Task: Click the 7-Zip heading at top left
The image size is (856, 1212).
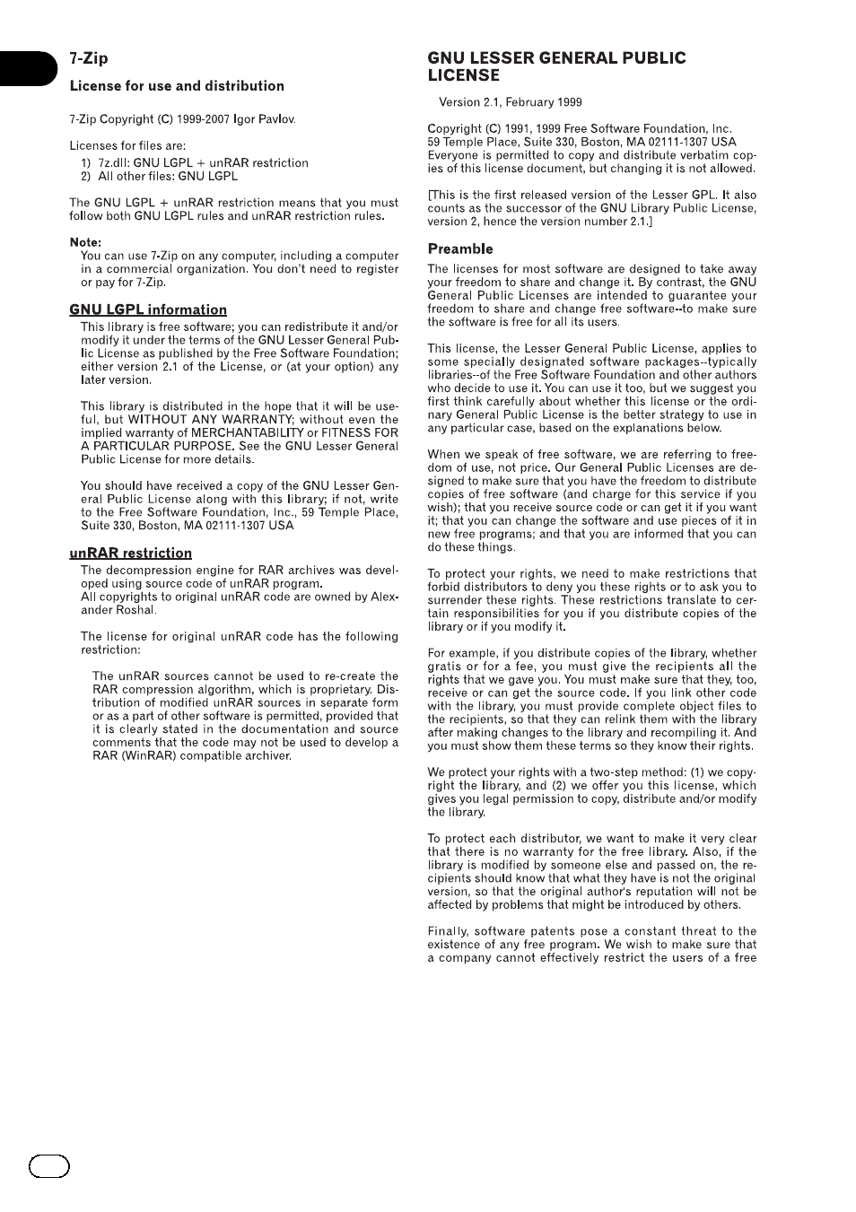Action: (x=88, y=58)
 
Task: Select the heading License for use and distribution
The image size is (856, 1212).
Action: (x=177, y=86)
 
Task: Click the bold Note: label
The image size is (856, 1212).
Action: (x=85, y=242)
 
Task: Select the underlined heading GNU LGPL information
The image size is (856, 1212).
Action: (x=148, y=310)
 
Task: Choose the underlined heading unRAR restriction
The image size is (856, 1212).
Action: (x=130, y=553)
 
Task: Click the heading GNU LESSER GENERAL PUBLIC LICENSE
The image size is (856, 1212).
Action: (x=556, y=66)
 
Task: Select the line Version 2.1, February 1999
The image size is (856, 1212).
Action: (x=510, y=102)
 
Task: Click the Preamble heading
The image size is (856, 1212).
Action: (x=460, y=249)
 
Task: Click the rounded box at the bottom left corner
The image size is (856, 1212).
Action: (x=48, y=1166)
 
